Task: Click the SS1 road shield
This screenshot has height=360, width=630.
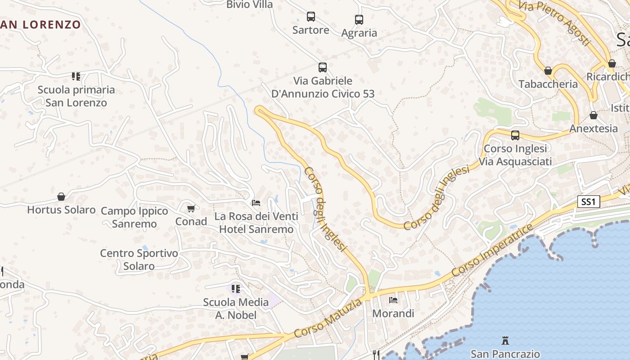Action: [x=589, y=202]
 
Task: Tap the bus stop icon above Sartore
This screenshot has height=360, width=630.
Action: [x=310, y=17]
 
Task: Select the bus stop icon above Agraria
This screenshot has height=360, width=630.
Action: [x=359, y=20]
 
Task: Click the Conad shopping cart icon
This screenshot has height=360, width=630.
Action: [x=191, y=208]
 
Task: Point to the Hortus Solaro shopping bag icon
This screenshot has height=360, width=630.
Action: [x=61, y=197]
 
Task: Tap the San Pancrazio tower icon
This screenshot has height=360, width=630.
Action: [x=505, y=341]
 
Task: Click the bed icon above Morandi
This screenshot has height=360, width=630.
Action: [x=393, y=300]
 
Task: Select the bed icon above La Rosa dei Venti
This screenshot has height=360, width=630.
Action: [x=256, y=203]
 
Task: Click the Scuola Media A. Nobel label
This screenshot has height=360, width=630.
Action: [x=236, y=308]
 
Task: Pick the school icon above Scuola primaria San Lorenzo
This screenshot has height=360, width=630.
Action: [x=76, y=76]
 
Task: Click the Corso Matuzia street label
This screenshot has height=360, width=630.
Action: [x=328, y=319]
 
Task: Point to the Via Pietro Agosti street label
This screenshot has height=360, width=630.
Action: [x=554, y=22]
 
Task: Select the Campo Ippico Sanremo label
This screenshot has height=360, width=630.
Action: [x=134, y=217]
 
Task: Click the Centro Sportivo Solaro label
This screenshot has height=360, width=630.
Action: [x=139, y=260]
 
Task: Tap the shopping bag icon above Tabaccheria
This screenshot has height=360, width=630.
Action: [x=548, y=71]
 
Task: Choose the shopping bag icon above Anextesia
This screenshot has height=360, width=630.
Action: [x=594, y=116]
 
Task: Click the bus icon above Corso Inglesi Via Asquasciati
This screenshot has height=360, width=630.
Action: [x=515, y=135]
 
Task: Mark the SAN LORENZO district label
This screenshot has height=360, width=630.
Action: [x=40, y=25]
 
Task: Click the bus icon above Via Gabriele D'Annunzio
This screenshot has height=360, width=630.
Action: [x=322, y=67]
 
